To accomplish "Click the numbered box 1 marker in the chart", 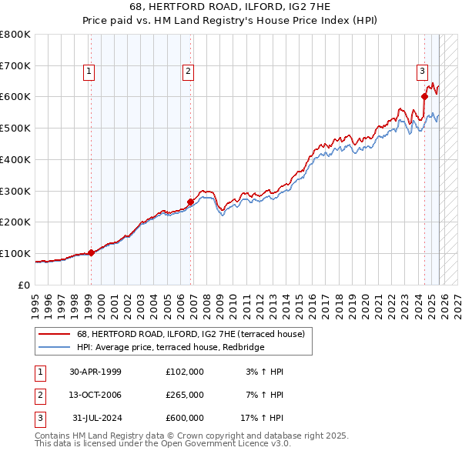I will pos(89,72).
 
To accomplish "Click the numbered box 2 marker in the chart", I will pos(188,72).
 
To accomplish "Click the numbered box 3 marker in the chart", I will pos(423,72).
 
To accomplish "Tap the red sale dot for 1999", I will pos(91,252).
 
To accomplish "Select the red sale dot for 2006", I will pos(191,202).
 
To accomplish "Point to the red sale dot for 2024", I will pos(424,96).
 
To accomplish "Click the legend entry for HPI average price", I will pos(170,348).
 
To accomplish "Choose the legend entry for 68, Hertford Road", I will pos(190,334).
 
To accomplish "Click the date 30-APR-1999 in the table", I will pos(95,372).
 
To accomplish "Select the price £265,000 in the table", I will pos(185,395).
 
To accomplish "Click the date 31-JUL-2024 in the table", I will pos(95,418).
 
